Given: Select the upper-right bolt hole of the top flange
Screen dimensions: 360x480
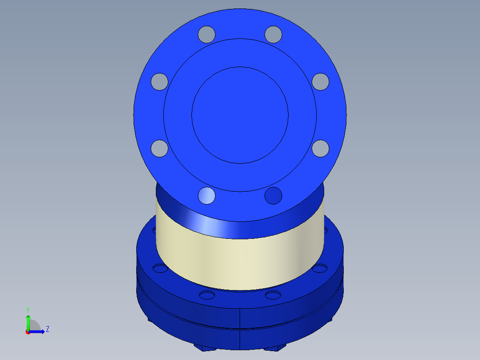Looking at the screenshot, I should point(273,34).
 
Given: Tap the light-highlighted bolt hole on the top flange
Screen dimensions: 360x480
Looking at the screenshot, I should point(207,196).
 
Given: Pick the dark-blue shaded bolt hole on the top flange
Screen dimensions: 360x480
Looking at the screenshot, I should point(273,196).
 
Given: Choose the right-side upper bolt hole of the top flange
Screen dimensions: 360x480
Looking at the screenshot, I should point(320,82).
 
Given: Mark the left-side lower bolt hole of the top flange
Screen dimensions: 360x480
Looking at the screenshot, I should point(159,148).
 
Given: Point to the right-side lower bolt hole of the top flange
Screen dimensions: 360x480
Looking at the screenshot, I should point(320,148).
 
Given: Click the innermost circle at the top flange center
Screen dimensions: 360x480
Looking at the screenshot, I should point(240,115).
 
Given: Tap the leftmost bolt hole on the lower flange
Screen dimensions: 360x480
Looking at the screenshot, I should point(159,268).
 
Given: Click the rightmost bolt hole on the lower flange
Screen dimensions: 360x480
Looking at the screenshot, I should point(320,268).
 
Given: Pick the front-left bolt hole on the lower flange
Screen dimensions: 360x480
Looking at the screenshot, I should point(207,295).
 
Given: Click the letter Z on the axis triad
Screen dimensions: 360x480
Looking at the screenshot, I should point(48,329).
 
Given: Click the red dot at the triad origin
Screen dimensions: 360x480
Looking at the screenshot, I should point(28,332).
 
